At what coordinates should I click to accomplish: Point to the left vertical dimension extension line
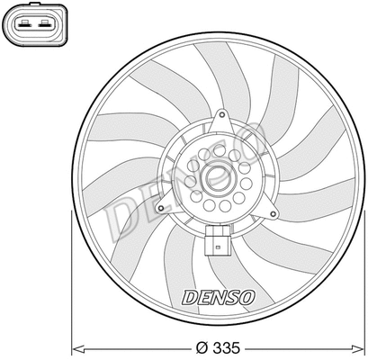coord(71,270)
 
